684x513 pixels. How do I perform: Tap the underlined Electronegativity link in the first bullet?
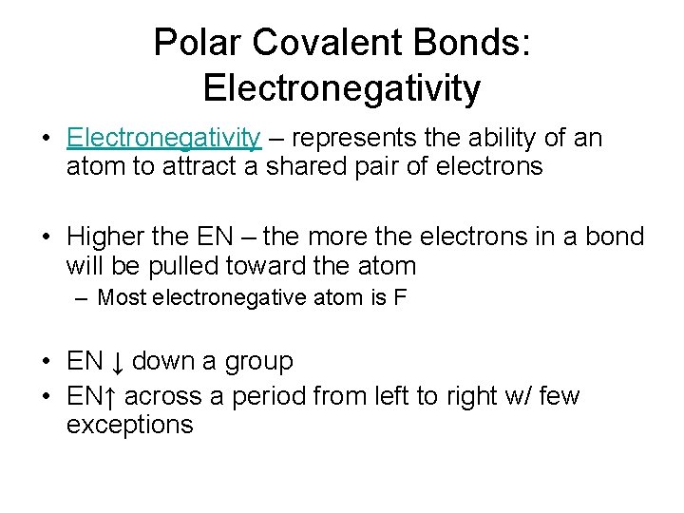[163, 139]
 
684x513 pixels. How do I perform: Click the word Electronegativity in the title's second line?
[342, 88]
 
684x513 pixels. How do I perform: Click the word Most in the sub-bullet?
[122, 298]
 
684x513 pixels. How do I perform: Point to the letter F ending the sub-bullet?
[400, 298]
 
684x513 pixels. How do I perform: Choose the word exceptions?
[129, 425]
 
